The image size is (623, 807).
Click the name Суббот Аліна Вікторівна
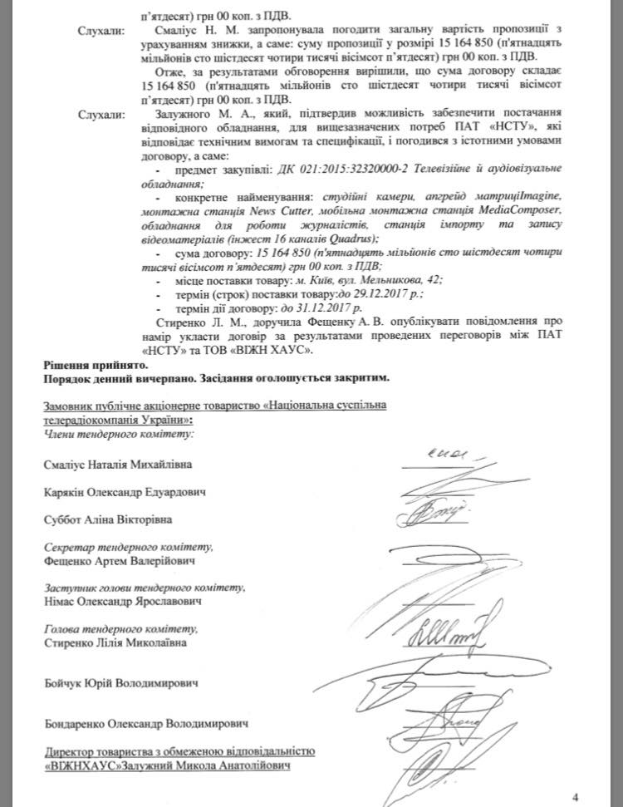[x=104, y=520]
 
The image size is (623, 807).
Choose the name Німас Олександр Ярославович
[x=120, y=601]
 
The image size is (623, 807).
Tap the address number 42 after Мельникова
[x=435, y=280]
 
